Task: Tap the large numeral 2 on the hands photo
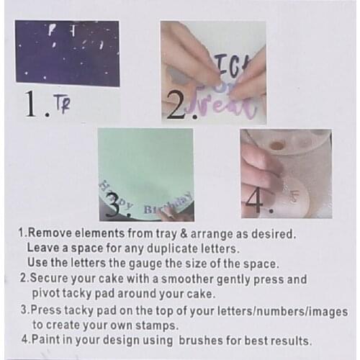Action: pyautogui.click(x=175, y=106)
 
